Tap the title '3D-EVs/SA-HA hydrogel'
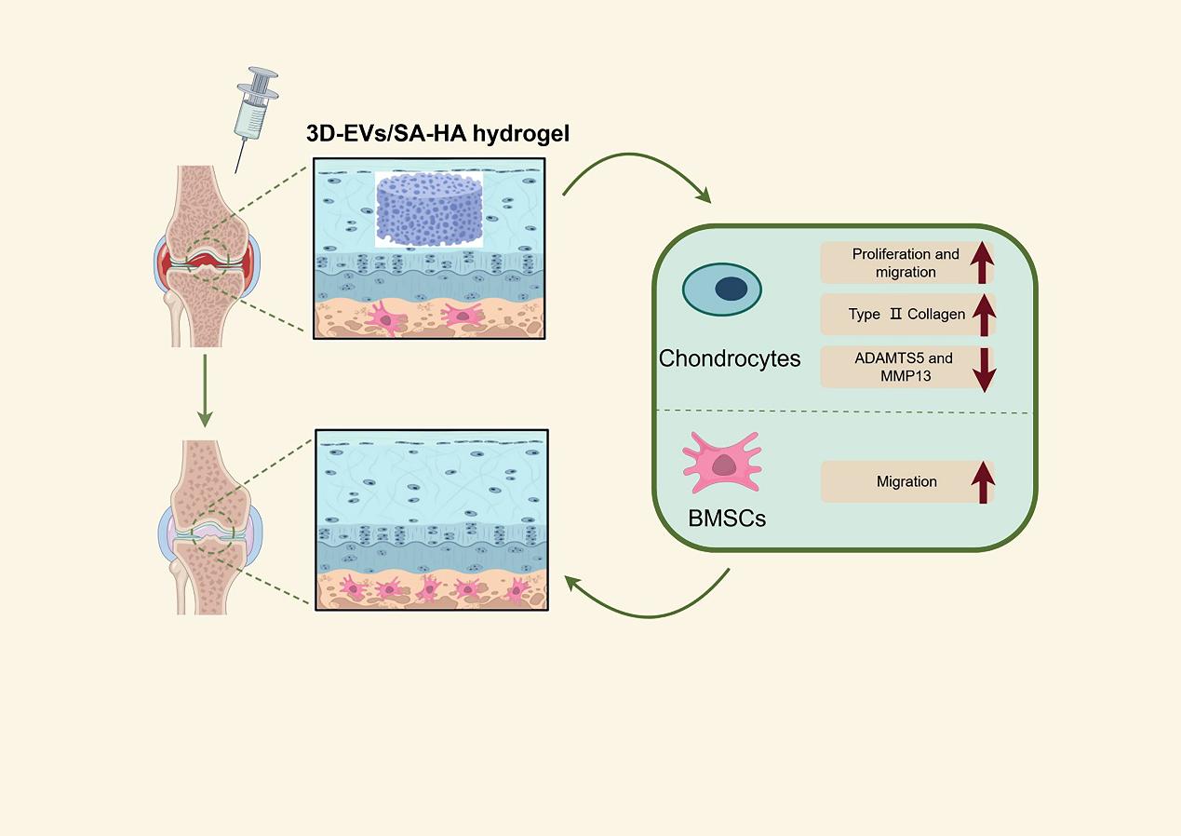pyautogui.click(x=438, y=134)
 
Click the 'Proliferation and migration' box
pyautogui.click(x=893, y=263)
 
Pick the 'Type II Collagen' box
pyautogui.click(x=893, y=314)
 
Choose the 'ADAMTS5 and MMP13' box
pyautogui.click(x=893, y=366)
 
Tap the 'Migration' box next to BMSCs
pyautogui.click(x=893, y=481)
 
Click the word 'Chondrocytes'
pyautogui.click(x=730, y=358)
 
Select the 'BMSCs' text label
pyautogui.click(x=727, y=519)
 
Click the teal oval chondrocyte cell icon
pyautogui.click(x=722, y=290)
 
